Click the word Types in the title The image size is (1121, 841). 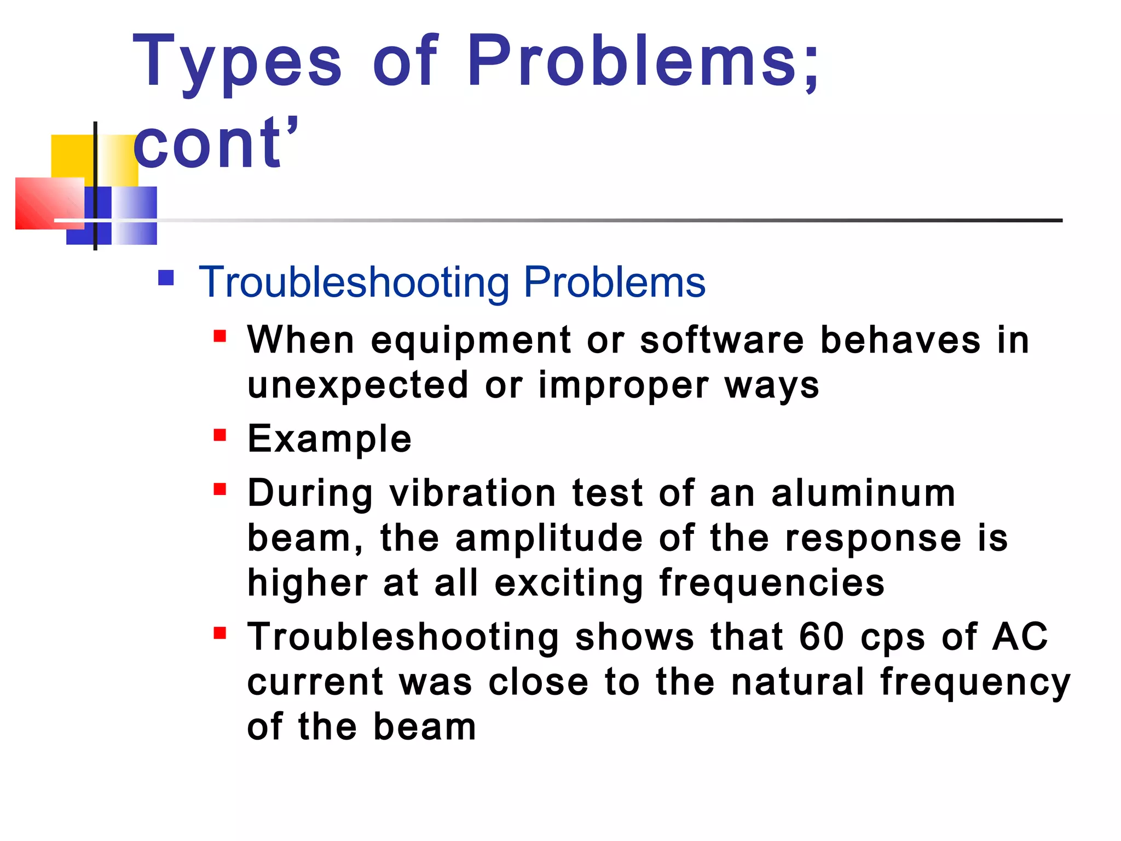click(x=237, y=62)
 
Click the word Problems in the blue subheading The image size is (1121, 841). click(x=614, y=283)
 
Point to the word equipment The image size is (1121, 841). click(x=471, y=341)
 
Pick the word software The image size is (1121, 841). click(x=722, y=341)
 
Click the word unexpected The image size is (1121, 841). click(x=358, y=385)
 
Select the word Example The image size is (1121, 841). click(x=330, y=439)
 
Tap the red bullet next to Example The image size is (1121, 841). click(x=220, y=435)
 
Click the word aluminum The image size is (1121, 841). click(x=863, y=493)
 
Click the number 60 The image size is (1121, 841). click(x=821, y=637)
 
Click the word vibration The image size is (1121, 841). click(x=472, y=493)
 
